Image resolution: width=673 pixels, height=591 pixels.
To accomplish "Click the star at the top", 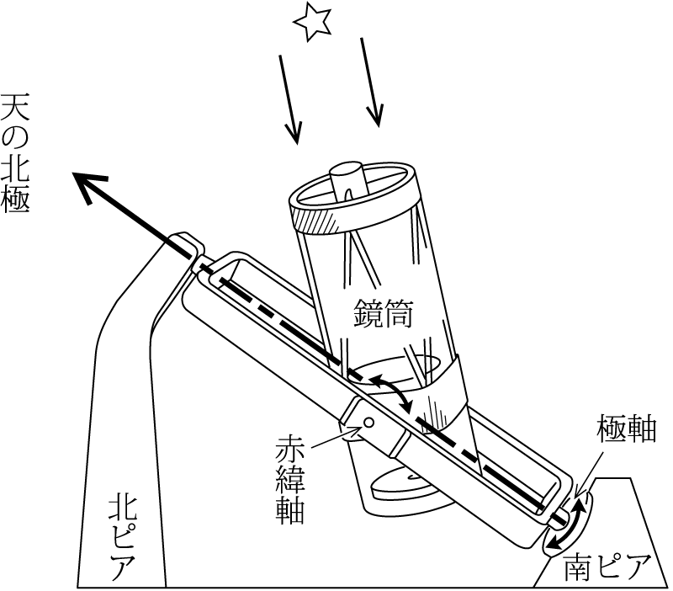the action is point(312,23).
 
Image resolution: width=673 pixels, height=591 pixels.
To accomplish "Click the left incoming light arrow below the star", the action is point(289,99).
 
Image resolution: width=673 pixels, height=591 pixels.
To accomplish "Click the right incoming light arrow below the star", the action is point(371,83).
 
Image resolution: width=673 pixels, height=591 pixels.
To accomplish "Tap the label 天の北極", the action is point(14,154).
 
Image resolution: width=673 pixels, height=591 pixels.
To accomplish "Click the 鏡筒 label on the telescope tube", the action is point(383,313).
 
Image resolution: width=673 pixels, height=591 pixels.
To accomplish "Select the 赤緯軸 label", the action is point(290,480).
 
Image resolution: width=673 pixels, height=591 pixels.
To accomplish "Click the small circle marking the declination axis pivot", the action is point(368,423).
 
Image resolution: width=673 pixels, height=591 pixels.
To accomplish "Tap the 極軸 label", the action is point(627,429).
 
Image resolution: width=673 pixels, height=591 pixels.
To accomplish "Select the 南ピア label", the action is point(606,567).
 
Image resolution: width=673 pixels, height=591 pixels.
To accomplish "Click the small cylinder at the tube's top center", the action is point(348,179).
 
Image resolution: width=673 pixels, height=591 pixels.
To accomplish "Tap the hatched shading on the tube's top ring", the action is point(312,222).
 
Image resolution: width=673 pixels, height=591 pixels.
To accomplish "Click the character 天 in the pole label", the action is point(14,108).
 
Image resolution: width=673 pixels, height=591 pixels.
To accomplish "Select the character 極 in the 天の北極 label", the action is point(15,200).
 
